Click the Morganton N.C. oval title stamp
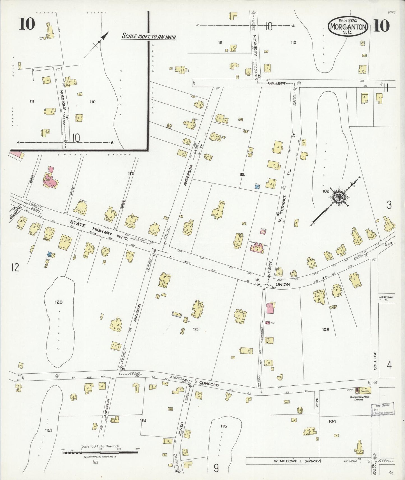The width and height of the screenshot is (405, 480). click(x=348, y=27)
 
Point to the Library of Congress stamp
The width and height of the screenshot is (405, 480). click(x=383, y=409)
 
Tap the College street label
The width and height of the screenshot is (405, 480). click(x=375, y=361)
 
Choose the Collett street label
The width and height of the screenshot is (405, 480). click(x=276, y=83)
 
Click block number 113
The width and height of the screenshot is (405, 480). click(x=195, y=329)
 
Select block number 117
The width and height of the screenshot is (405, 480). click(x=131, y=174)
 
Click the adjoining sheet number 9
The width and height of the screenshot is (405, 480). click(x=216, y=468)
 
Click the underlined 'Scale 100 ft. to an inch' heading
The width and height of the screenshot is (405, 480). click(x=149, y=37)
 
